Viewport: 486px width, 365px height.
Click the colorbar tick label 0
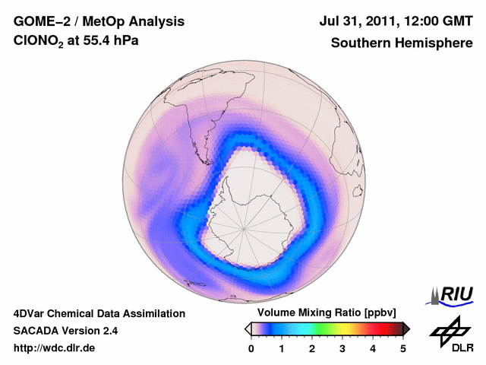click(251, 348)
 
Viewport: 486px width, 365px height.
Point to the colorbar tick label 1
click(282, 348)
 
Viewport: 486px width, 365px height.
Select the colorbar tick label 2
click(312, 348)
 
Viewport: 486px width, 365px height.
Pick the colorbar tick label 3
click(342, 348)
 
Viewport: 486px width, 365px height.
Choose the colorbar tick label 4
click(373, 348)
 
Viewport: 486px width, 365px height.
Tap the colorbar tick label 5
click(403, 348)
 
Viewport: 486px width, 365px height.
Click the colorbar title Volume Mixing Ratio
click(311, 313)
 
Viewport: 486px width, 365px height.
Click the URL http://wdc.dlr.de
click(55, 348)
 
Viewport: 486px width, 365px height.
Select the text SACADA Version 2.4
click(65, 331)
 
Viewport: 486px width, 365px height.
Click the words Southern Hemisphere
click(401, 43)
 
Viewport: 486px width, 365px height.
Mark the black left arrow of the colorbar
click(248, 328)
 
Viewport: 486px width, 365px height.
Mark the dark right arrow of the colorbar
click(406, 328)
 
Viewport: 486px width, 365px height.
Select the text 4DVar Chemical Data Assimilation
click(99, 313)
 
